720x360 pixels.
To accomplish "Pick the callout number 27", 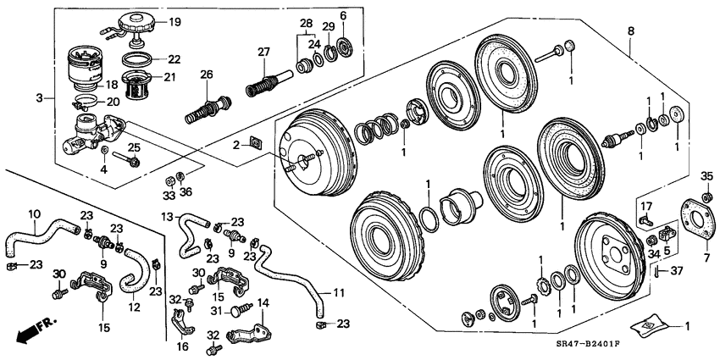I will tap(263, 52).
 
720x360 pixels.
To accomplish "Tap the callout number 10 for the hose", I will tap(34, 213).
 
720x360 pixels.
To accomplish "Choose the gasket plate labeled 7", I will tap(696, 219).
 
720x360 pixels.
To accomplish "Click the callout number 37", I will tap(676, 271).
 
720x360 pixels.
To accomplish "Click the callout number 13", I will tap(167, 217).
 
